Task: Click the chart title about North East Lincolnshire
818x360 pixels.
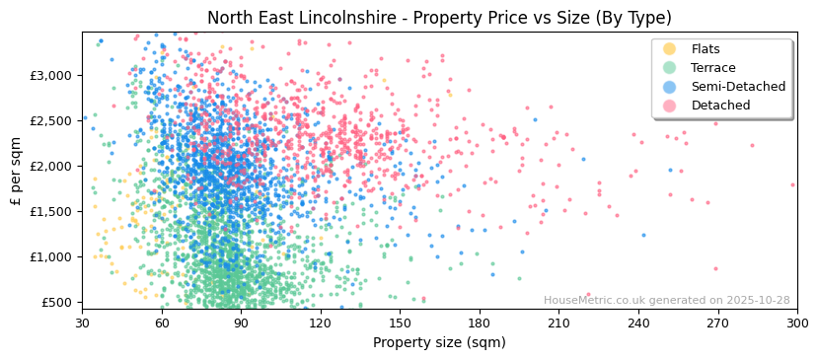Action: point(439,18)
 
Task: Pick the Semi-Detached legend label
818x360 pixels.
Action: point(738,87)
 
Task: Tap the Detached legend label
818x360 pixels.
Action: point(720,106)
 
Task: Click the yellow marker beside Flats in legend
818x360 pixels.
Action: point(670,49)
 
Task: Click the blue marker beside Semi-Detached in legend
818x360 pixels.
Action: point(670,87)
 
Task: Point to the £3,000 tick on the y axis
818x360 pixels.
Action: point(52,75)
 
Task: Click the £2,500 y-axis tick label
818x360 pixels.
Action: point(52,120)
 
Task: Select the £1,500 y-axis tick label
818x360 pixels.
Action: point(52,211)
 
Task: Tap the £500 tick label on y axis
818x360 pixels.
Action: point(57,302)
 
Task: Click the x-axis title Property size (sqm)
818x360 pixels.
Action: point(439,342)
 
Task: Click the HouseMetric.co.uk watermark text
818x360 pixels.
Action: point(666,301)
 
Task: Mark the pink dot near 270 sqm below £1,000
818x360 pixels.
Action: point(715,268)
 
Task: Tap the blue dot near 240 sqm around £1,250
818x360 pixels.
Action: point(644,235)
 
